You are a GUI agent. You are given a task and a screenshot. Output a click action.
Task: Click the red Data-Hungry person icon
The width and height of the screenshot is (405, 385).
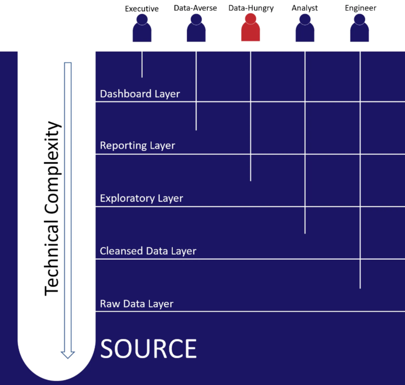click(x=250, y=28)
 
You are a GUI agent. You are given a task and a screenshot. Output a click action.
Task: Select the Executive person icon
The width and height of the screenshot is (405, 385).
click(x=142, y=28)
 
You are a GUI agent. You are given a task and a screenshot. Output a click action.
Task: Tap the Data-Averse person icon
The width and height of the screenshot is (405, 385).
click(x=196, y=28)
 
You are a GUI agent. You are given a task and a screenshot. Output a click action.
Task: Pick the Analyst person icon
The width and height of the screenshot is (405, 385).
click(x=305, y=28)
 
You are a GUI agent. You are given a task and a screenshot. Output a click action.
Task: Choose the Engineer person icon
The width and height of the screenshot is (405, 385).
click(x=360, y=28)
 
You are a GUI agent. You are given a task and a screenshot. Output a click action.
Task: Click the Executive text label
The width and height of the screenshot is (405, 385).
click(x=142, y=8)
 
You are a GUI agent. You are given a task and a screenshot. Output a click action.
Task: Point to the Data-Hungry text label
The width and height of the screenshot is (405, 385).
click(x=251, y=8)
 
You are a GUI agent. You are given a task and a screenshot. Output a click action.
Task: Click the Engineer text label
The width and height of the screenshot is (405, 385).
click(x=360, y=8)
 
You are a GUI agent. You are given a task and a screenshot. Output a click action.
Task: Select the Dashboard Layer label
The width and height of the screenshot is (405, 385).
click(x=140, y=94)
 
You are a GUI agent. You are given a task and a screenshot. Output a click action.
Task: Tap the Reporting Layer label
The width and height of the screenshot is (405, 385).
click(x=137, y=145)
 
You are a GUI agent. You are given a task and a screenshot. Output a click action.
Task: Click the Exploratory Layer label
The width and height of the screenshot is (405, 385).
click(x=141, y=198)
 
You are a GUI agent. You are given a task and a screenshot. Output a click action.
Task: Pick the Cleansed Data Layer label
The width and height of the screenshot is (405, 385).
click(x=148, y=251)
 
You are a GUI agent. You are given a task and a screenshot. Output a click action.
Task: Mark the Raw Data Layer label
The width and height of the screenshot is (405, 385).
click(x=137, y=303)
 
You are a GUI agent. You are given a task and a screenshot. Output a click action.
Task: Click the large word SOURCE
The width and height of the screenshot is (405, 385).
click(x=149, y=349)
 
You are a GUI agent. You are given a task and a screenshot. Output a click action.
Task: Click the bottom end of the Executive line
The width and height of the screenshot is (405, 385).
click(x=142, y=77)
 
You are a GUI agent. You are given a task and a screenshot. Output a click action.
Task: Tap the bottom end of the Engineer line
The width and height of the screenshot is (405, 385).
click(x=360, y=287)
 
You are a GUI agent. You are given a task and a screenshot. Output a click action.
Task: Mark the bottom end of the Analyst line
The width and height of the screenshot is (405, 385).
click(x=305, y=233)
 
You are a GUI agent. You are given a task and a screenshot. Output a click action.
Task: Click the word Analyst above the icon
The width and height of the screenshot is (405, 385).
click(x=305, y=8)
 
